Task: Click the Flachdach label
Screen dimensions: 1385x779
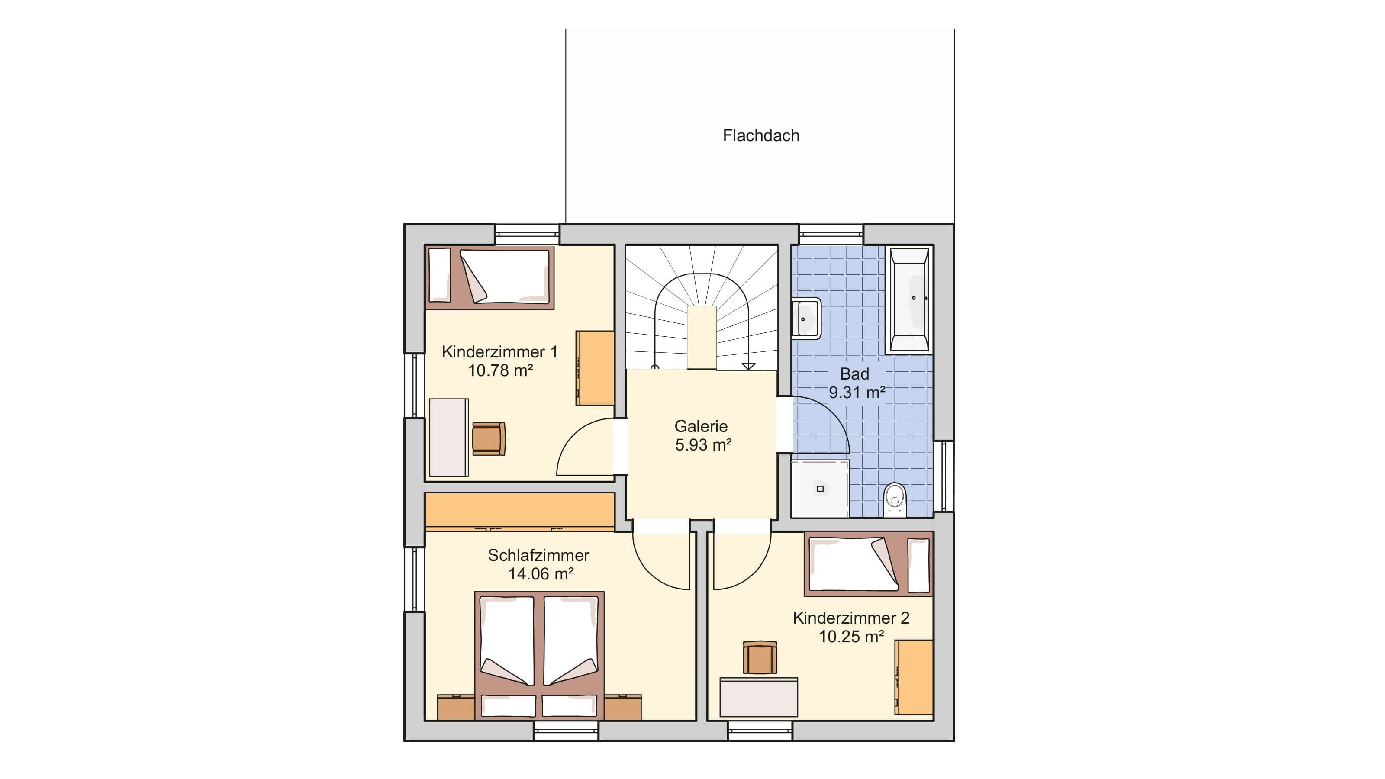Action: pyautogui.click(x=761, y=135)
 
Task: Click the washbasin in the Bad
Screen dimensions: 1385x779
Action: pyautogui.click(x=806, y=318)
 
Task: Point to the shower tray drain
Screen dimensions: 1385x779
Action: pyautogui.click(x=820, y=489)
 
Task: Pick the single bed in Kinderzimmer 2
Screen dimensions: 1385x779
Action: pyautogui.click(x=868, y=564)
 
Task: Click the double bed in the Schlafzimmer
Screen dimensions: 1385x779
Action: pyautogui.click(x=539, y=655)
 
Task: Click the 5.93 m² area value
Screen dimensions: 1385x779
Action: pyautogui.click(x=703, y=445)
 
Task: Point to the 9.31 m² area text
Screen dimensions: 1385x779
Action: pyautogui.click(x=857, y=393)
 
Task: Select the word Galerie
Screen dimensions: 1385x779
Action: pyautogui.click(x=701, y=426)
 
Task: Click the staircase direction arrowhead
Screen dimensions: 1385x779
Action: pyautogui.click(x=748, y=367)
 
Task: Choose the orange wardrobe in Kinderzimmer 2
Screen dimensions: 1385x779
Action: pyautogui.click(x=914, y=677)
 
